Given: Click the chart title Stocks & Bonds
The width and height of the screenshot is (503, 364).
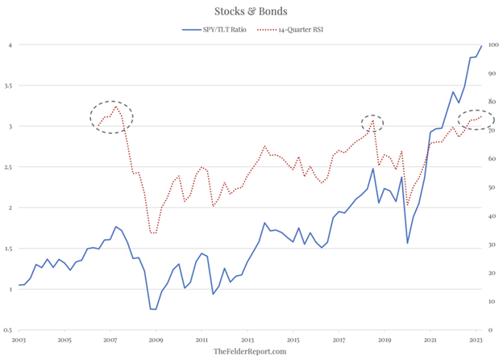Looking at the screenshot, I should point(251,11).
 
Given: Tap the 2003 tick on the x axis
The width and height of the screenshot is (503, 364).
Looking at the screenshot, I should point(19,340).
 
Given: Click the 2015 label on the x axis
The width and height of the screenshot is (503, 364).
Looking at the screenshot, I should point(293,340).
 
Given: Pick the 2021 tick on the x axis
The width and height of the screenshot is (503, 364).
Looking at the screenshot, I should point(430,340).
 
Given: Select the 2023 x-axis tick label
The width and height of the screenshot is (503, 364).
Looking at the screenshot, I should point(476,340).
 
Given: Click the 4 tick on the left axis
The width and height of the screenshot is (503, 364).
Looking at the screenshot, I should point(10,45).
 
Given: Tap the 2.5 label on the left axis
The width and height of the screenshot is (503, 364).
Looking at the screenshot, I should point(8,167).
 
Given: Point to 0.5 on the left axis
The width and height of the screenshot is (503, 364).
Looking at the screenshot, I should point(8,330).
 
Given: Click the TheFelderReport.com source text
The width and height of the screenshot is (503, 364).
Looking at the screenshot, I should point(250,352).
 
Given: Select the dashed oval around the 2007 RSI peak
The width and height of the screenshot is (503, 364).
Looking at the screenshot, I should point(111,117).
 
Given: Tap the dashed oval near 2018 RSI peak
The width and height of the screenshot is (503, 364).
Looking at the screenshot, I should point(372,123).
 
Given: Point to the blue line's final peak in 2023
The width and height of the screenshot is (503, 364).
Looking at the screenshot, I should point(482,46).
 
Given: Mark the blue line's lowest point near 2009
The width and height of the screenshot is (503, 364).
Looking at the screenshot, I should point(152,309).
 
